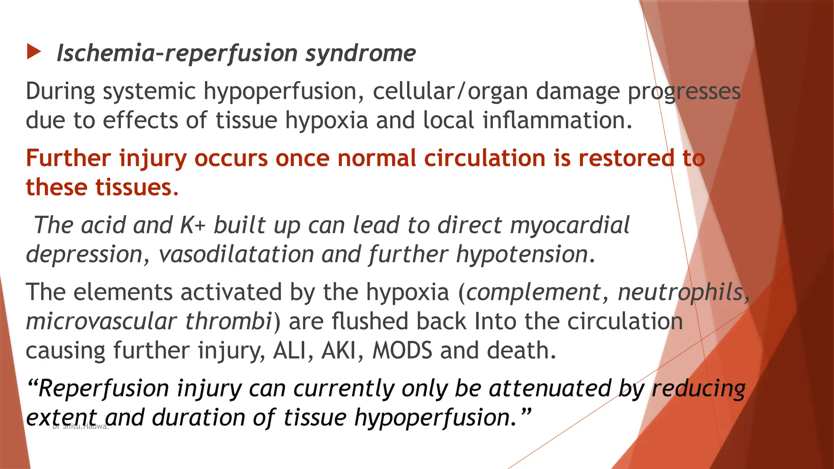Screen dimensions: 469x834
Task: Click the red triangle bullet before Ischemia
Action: coord(34,52)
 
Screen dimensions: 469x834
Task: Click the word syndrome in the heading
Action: coord(361,54)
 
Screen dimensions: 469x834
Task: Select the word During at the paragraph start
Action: coord(61,91)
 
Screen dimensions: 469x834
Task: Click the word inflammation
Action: coord(557,121)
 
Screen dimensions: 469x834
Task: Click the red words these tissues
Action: coord(102,187)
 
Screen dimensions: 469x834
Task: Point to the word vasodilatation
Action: coord(236,254)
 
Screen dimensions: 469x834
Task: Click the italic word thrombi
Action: coord(228,321)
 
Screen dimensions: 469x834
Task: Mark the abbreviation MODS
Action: coord(402,351)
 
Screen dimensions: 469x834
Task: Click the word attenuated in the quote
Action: coord(550,388)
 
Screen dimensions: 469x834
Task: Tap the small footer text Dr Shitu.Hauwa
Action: coord(81,427)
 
